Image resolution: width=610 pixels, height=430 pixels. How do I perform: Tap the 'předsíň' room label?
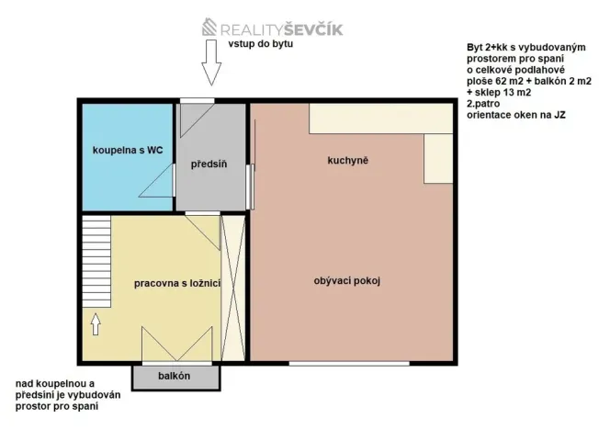(x=209, y=164)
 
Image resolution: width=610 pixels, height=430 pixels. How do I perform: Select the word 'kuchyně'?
(x=347, y=161)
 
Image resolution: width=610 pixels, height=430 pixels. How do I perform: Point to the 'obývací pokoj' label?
(x=347, y=281)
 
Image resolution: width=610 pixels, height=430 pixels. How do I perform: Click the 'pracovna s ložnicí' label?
(x=177, y=284)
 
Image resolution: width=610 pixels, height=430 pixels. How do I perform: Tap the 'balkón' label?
(x=174, y=376)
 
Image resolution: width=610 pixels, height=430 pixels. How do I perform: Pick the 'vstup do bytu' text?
(x=260, y=44)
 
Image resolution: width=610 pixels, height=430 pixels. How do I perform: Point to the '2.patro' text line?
(x=482, y=105)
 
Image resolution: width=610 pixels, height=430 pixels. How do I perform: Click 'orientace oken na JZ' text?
(x=515, y=116)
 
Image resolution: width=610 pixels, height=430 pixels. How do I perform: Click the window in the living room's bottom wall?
(x=348, y=363)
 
